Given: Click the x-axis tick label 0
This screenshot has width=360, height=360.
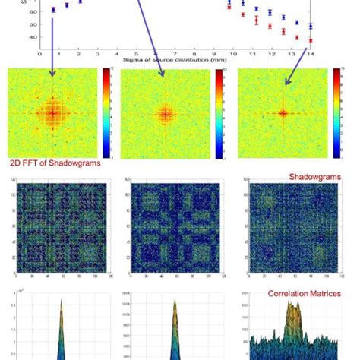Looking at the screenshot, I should click(39, 55).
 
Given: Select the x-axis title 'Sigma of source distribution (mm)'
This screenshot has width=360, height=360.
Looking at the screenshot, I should click(175, 62).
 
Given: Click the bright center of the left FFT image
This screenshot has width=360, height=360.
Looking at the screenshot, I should click(52, 114).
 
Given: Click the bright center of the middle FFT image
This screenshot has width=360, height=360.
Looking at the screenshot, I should click(165, 114).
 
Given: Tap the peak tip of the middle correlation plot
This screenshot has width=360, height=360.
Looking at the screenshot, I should click(175, 302).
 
